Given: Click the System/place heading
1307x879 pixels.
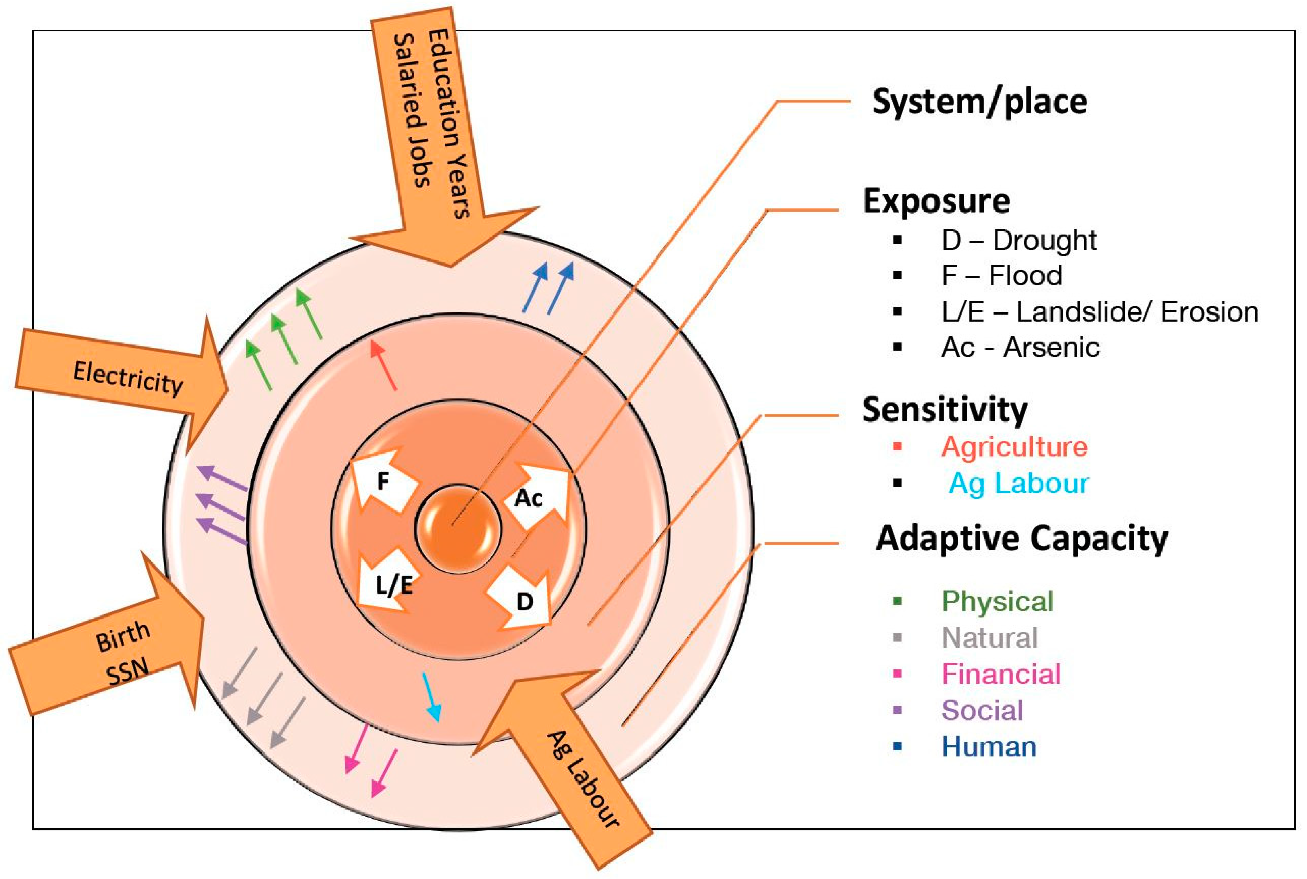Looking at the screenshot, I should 980,102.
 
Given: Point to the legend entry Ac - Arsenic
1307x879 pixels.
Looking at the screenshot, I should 1020,348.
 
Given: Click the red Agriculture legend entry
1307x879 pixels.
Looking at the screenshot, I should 1014,447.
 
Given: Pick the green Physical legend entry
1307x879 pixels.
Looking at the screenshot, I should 997,602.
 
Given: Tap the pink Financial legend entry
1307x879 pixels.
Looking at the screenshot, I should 1001,674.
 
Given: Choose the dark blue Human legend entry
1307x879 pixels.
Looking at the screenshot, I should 989,747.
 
